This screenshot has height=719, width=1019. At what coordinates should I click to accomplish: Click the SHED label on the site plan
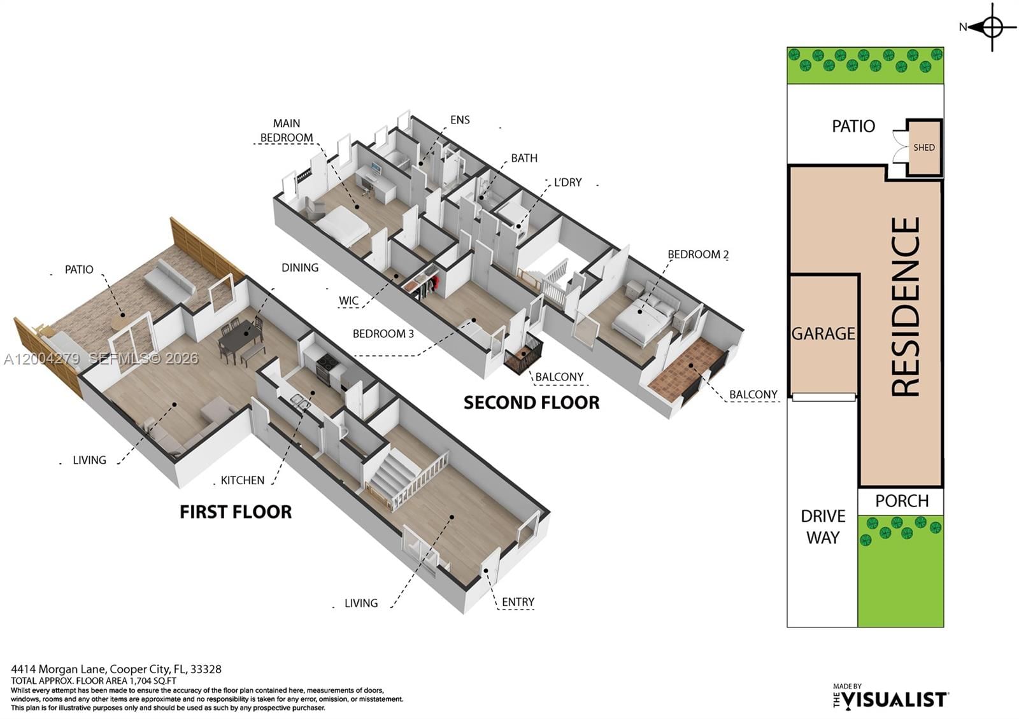point(923,148)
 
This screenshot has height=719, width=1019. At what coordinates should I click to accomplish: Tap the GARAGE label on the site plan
point(823,333)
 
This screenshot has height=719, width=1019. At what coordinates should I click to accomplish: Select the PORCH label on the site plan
point(901,501)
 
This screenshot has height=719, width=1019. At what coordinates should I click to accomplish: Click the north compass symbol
point(992,27)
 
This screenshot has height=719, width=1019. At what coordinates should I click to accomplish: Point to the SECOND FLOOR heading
point(531,403)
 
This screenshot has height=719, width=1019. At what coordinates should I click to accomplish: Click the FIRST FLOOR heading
point(236,512)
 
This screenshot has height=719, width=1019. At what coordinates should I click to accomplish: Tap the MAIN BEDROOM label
point(287,130)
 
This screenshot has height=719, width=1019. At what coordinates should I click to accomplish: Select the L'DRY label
point(567,183)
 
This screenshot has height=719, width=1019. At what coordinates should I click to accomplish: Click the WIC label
point(348,301)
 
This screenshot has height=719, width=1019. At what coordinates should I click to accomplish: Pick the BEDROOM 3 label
point(383,333)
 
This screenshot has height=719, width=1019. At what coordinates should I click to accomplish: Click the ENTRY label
point(518,602)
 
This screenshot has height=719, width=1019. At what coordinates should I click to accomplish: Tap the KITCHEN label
point(242,480)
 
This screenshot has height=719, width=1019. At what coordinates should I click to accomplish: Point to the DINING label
point(300,268)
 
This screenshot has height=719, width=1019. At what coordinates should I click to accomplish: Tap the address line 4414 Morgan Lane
point(116,669)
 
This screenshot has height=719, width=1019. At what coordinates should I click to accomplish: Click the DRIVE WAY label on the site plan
point(823,527)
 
